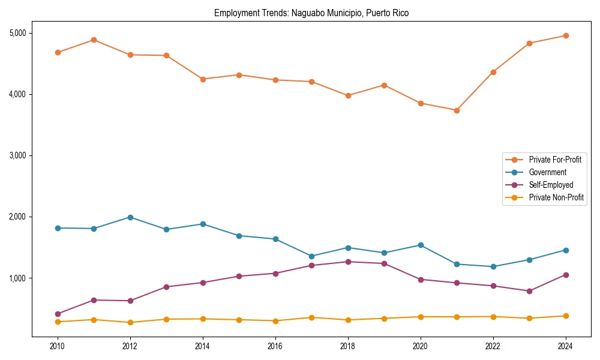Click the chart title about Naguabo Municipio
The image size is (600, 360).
pyautogui.click(x=311, y=13)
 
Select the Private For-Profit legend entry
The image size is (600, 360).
pyautogui.click(x=555, y=160)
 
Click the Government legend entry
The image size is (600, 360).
pyautogui.click(x=547, y=172)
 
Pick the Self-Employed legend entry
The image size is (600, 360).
pyautogui.click(x=551, y=185)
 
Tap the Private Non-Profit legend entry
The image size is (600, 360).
pyautogui.click(x=556, y=197)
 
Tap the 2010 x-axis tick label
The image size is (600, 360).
pyautogui.click(x=58, y=346)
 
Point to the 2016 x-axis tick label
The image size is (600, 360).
pyautogui.click(x=275, y=346)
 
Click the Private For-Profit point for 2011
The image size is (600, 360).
pyautogui.click(x=94, y=40)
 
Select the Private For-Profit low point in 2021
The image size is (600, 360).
pyautogui.click(x=457, y=110)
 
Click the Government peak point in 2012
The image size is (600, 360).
pyautogui.click(x=130, y=217)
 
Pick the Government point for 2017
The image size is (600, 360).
pyautogui.click(x=311, y=256)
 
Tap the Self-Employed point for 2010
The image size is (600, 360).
pyautogui.click(x=58, y=314)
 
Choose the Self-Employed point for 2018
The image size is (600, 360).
pyautogui.click(x=348, y=262)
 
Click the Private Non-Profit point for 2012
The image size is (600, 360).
pyautogui.click(x=130, y=322)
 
